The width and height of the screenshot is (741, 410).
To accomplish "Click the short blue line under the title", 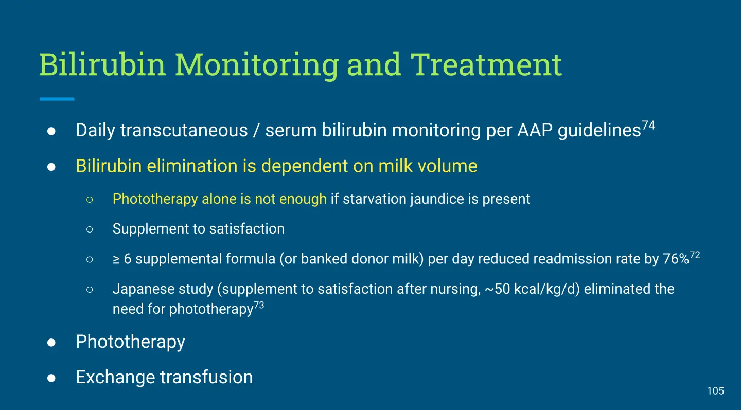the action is coord(57,99).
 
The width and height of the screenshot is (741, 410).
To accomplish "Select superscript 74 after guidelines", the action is coord(648,126).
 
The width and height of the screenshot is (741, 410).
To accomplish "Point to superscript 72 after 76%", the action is coord(695,255).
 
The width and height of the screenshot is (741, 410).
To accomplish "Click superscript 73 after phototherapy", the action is coord(259,305).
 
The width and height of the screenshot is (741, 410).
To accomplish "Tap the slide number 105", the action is coord(715,391).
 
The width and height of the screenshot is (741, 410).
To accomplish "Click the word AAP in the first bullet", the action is coord(535,130).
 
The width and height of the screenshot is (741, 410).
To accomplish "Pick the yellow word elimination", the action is coord(192,166).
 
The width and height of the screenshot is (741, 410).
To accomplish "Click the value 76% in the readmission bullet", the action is coord(676,259).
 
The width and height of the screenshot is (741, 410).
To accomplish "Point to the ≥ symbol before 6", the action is coord(116,260).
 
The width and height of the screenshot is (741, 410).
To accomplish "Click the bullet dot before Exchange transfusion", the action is coord(51,378).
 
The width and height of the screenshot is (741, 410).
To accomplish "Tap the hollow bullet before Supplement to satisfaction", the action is coord(90,229).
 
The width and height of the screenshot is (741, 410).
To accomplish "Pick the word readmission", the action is coord(546,259).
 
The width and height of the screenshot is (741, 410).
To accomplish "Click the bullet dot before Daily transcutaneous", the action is coord(51,131).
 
